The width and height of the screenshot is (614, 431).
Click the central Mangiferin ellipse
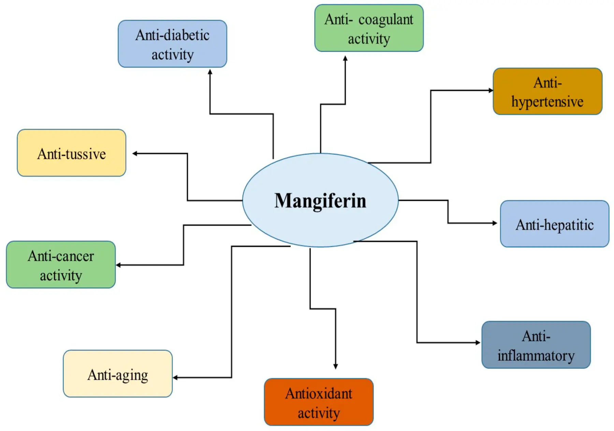coord(320,200)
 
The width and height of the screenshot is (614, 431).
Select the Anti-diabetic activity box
coord(172,44)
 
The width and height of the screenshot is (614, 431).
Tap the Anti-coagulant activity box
coord(369,28)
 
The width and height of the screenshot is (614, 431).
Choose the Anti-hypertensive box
coord(547,91)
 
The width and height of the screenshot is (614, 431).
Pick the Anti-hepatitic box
coord(554,224)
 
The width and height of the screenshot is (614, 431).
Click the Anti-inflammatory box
coord(536,345)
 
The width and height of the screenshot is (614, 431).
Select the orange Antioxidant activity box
coord(319,402)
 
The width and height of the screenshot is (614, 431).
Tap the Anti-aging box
coord(118,374)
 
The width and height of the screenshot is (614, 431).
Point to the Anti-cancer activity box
coord(61,265)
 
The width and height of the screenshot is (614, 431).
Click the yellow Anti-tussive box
coord(71,153)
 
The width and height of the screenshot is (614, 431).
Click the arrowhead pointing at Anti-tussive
coord(135,153)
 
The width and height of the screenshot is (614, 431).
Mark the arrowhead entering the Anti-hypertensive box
coord(491,90)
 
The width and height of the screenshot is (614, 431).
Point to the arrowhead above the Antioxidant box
coord(336,366)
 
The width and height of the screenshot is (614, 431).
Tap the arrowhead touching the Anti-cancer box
coord(118,265)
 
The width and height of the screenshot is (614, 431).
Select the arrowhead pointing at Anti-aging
coord(175,377)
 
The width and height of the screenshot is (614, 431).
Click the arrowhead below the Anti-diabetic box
coord(210,72)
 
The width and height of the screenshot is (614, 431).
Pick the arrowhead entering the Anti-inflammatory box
coord(478,342)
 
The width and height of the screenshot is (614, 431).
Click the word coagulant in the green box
coord(385,20)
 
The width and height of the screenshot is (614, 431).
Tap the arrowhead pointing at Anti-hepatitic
coord(495,223)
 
